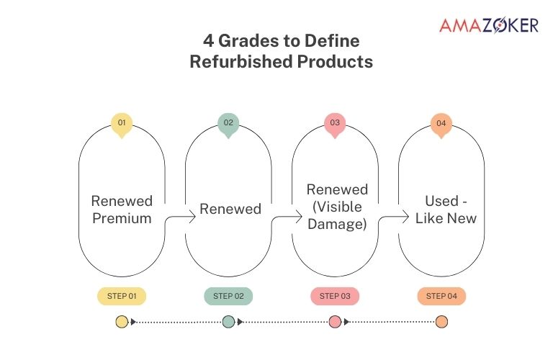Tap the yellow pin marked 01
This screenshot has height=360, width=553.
pyautogui.click(x=122, y=124)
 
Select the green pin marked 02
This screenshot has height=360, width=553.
pyautogui.click(x=228, y=124)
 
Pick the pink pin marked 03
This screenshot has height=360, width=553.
pyautogui.click(x=335, y=124)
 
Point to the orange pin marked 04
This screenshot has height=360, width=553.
pyautogui.click(x=441, y=124)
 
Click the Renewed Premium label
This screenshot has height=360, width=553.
pyautogui.click(x=122, y=209)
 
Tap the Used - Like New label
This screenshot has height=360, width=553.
pyautogui.click(x=441, y=209)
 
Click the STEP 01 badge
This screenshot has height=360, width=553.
pyautogui.click(x=122, y=296)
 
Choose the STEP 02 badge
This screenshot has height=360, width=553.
pyautogui.click(x=228, y=296)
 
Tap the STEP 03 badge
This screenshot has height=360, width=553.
pyautogui.click(x=335, y=296)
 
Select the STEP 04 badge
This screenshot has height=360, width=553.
pyautogui.click(x=441, y=296)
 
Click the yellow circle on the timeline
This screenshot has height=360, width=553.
pyautogui.click(x=122, y=322)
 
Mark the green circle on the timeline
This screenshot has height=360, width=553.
pyautogui.click(x=228, y=322)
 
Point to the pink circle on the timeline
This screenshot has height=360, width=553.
pyautogui.click(x=335, y=322)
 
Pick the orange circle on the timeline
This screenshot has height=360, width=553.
pyautogui.click(x=441, y=322)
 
